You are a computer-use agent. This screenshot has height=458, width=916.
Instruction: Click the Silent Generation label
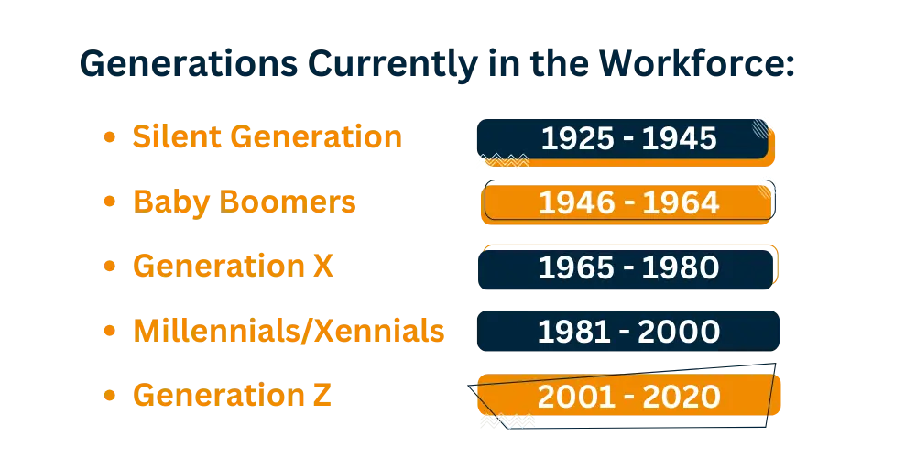tap(267, 136)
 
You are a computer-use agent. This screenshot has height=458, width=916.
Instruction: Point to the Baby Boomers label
tap(245, 202)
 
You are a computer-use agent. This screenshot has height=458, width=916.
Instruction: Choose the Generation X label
tap(233, 267)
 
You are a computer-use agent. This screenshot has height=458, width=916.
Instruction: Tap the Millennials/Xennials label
tap(289, 331)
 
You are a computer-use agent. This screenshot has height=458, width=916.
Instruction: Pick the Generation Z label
tap(233, 395)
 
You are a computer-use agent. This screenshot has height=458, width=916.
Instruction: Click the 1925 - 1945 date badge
tap(626, 142)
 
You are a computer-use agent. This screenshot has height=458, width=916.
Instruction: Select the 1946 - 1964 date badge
tap(628, 202)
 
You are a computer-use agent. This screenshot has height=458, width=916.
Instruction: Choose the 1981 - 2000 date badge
tap(628, 332)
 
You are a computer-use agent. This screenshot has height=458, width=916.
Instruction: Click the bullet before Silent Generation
tap(109, 138)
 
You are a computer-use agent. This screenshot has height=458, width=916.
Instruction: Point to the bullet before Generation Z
tap(109, 396)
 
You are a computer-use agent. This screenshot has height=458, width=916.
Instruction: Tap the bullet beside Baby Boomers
tap(109, 202)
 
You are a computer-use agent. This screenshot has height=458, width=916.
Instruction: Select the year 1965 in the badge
tap(576, 267)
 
